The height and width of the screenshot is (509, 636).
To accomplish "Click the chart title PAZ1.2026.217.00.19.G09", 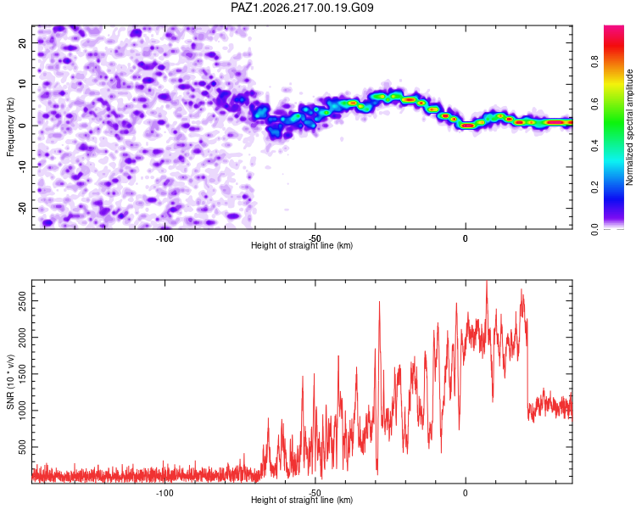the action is pyautogui.click(x=302, y=8).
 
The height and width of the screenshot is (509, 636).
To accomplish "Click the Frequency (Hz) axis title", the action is pyautogui.click(x=10, y=127).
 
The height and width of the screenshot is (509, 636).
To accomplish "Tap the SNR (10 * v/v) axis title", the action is pyautogui.click(x=10, y=382).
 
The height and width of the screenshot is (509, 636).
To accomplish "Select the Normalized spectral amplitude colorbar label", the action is pyautogui.click(x=629, y=127).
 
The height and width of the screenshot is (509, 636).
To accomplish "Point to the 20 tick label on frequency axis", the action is pyautogui.click(x=23, y=42).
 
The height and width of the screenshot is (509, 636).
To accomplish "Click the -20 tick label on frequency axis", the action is pyautogui.click(x=23, y=209).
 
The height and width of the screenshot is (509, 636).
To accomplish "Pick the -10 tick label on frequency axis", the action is pyautogui.click(x=23, y=167).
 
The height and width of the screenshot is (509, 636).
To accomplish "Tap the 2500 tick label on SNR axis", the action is pyautogui.click(x=23, y=301).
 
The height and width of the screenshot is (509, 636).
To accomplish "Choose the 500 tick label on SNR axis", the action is pyautogui.click(x=23, y=447).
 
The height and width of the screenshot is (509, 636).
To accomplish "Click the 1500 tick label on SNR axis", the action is pyautogui.click(x=23, y=374).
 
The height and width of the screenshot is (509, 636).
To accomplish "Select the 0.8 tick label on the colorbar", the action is pyautogui.click(x=594, y=62).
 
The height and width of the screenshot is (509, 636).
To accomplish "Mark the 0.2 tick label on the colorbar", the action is pyautogui.click(x=594, y=187).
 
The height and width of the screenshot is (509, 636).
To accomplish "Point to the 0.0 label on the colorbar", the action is pyautogui.click(x=594, y=229).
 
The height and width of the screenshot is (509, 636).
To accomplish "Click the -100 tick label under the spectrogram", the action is pyautogui.click(x=165, y=238).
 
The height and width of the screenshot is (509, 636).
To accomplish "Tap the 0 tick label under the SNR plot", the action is pyautogui.click(x=466, y=493).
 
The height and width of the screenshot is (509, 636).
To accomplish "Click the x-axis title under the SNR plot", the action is pyautogui.click(x=302, y=500).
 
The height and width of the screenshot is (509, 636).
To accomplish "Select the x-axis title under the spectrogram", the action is pyautogui.click(x=302, y=245).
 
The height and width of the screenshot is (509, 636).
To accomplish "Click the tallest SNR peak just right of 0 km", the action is pyautogui.click(x=487, y=282).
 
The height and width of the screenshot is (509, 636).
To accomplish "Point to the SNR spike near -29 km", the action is pyautogui.click(x=379, y=302).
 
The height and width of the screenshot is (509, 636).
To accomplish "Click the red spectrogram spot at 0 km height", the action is pyautogui.click(x=468, y=126).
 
